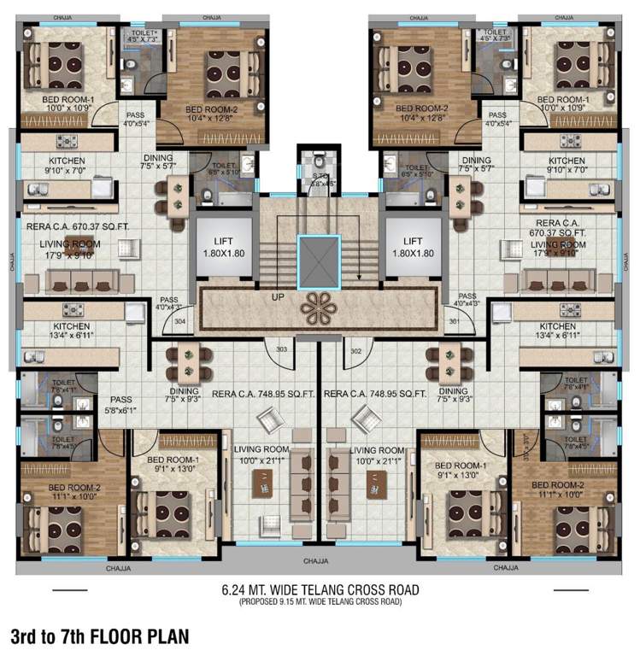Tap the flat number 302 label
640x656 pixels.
pos(358,350)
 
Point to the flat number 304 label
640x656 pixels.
pos(179,322)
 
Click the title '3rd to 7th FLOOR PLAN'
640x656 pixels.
pos(99,636)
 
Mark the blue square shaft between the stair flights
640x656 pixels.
pos(319,256)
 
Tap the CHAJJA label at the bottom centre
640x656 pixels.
pos(319,561)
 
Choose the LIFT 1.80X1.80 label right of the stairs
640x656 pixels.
pos(414,248)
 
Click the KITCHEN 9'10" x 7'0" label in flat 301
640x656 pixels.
pos(567,166)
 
